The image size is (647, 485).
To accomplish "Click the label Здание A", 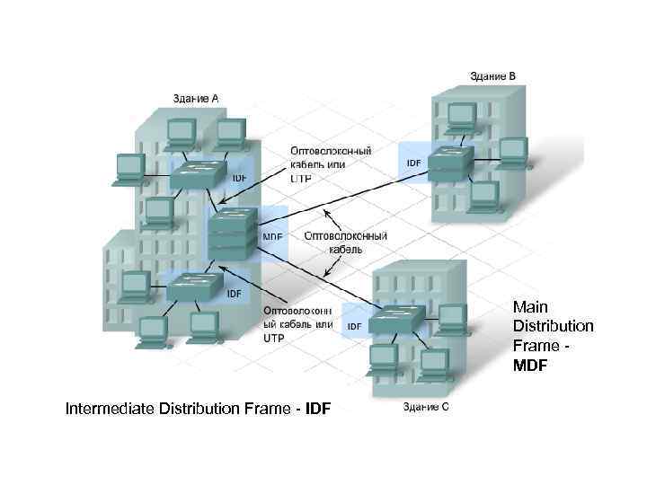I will tap(196, 98).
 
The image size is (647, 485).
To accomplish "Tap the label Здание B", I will tap(492, 76).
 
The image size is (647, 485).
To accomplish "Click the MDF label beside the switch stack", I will tap(272, 237).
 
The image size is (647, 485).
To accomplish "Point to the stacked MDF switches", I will tap(232, 234).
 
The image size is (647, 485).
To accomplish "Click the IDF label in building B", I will tap(413, 163).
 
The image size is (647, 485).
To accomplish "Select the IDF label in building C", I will tap(355, 325).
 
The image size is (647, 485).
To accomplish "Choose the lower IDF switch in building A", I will tap(194, 285).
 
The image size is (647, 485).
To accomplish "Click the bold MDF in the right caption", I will tap(531, 366).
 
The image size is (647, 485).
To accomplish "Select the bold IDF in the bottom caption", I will tap(318, 410).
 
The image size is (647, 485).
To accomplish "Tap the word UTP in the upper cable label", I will tap(300, 180).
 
